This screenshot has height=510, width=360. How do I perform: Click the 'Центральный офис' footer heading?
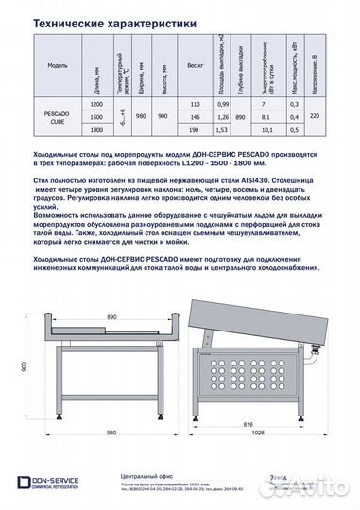(x=138, y=477)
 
